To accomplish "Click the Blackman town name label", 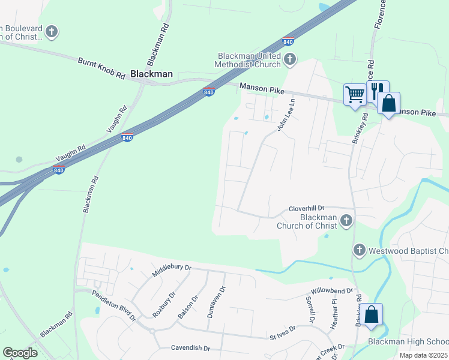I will coord(151,74).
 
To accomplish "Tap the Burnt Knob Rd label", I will coord(101,68).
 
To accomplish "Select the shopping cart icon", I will coord(355,94).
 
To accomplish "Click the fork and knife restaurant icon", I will coord(378,91).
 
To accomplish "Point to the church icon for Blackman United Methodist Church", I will coord(290,59).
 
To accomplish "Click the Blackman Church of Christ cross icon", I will coord(346,221).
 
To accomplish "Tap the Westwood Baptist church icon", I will coord(359,250).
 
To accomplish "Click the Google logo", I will coord(20,352).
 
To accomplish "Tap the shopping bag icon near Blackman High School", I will coord(372,314).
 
